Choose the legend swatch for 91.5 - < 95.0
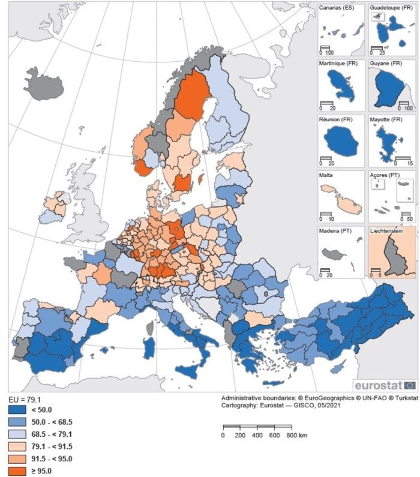(x=19, y=458)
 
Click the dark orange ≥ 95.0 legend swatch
(x=19, y=471)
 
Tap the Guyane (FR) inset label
(x=387, y=64)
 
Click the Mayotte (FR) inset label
(x=388, y=120)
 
